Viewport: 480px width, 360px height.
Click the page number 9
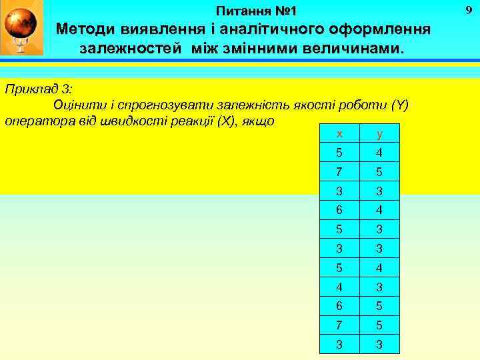coord(468,9)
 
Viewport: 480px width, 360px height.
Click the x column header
coord(341,133)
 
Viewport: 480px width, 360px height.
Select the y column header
coord(379,133)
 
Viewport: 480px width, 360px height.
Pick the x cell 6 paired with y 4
coord(341,211)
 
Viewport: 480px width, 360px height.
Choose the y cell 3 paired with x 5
coord(379,230)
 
